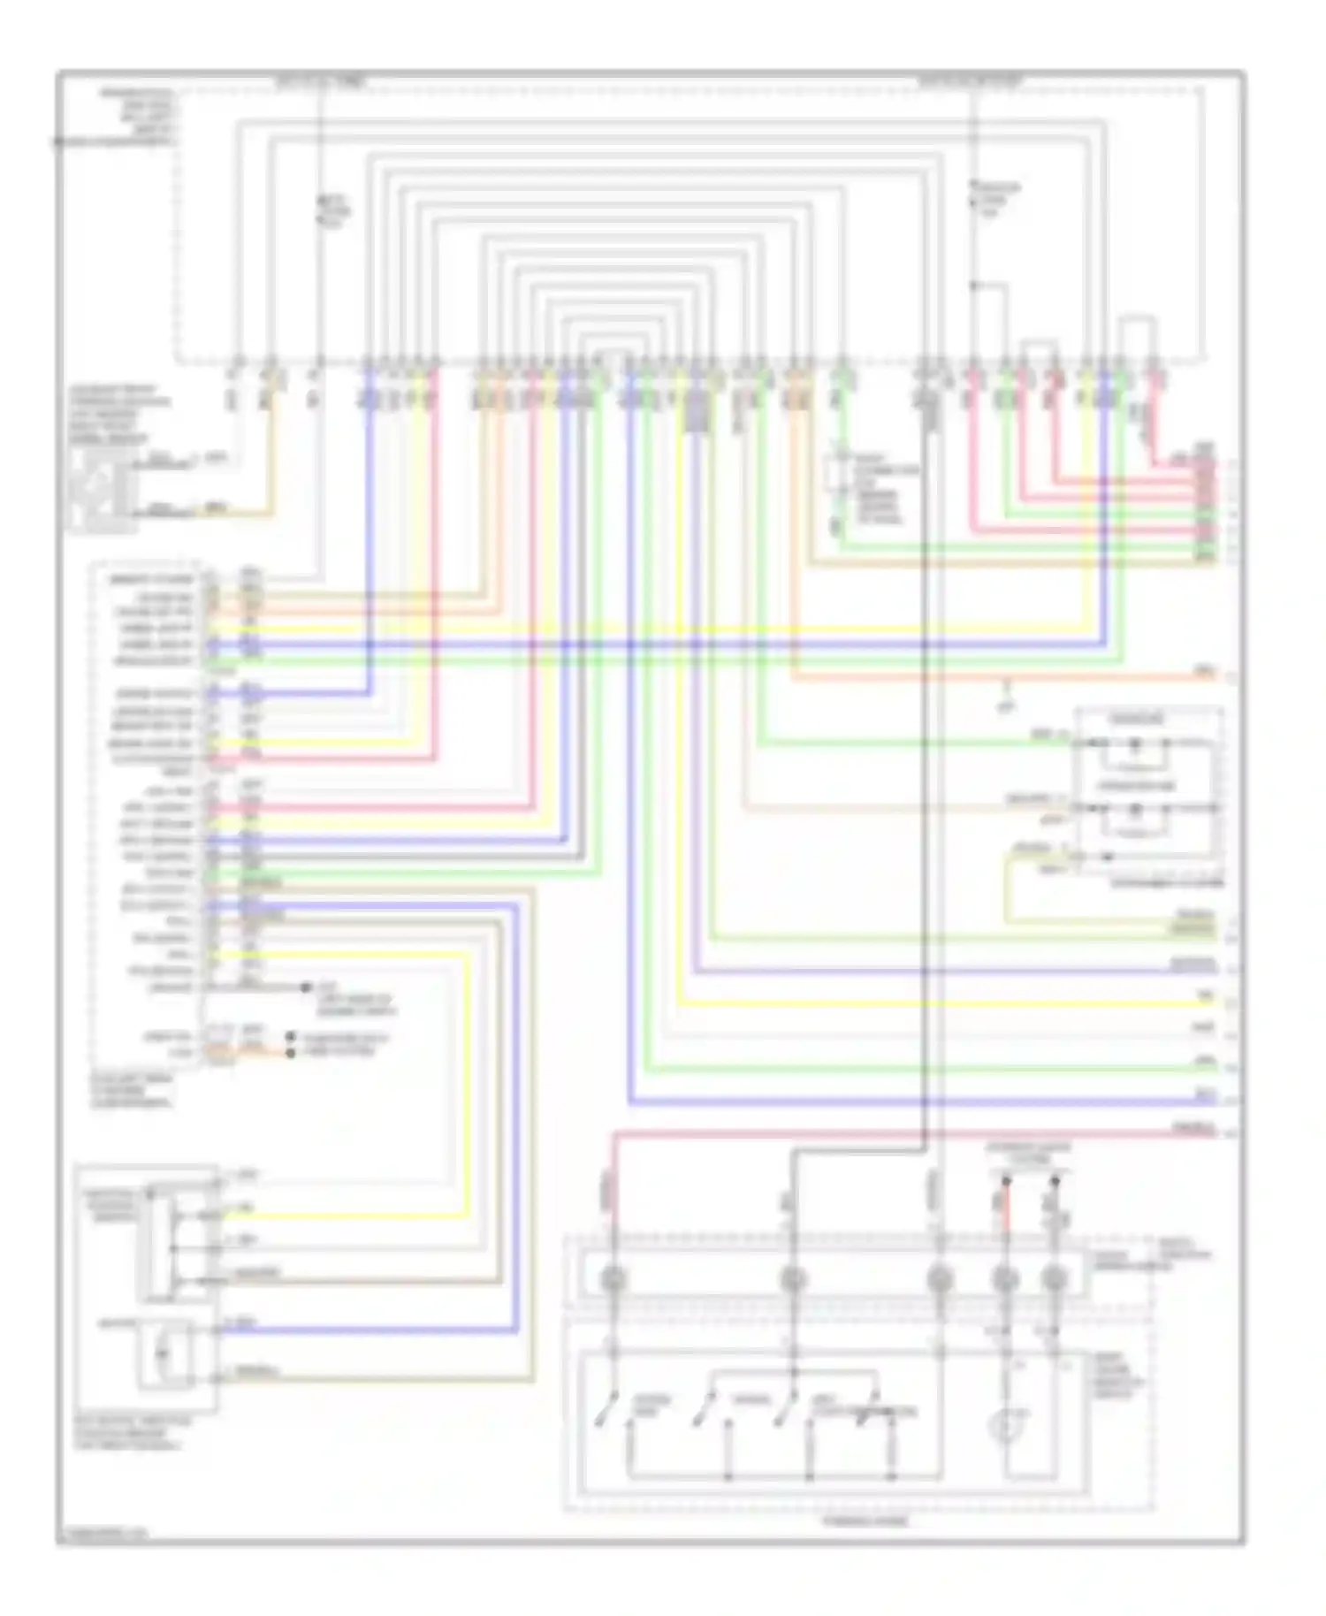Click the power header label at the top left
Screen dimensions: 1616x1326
click(320, 83)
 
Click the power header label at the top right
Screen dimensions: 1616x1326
click(970, 82)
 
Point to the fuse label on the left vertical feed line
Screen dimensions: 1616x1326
click(335, 212)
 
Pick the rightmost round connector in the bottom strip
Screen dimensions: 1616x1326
click(1054, 1279)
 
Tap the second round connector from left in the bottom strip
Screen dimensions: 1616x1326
click(793, 1279)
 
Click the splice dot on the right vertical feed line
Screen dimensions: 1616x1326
click(973, 286)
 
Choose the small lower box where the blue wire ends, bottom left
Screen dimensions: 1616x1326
click(164, 1353)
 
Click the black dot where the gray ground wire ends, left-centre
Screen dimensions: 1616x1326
click(306, 987)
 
